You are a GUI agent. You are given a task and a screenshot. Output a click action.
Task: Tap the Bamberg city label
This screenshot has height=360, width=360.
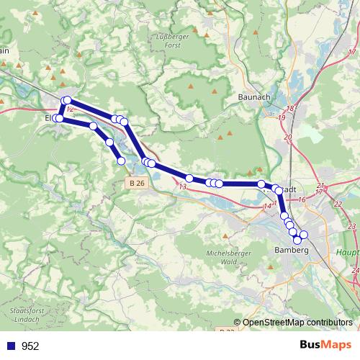292,250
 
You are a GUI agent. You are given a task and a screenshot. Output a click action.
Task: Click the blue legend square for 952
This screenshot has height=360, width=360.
12,346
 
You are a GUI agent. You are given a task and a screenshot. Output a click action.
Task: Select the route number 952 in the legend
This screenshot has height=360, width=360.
30,346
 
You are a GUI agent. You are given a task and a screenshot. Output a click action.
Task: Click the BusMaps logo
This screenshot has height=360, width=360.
326,346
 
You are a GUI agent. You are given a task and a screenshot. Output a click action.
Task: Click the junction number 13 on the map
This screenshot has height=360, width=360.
182,187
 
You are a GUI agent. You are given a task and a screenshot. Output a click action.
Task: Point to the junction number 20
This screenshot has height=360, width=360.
288,137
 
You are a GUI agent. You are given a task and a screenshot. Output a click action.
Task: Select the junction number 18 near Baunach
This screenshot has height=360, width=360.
290,109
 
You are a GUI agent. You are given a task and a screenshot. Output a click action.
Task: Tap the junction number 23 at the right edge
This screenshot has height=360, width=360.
351,227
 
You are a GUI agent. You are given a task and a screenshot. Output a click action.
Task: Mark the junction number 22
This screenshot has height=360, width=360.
338,204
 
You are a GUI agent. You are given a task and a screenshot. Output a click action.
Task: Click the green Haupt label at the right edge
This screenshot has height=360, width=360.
348,253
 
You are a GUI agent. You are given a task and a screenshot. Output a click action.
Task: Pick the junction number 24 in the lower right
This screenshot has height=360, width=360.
355,270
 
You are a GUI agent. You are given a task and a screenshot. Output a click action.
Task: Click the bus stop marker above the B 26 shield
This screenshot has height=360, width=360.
121,161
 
